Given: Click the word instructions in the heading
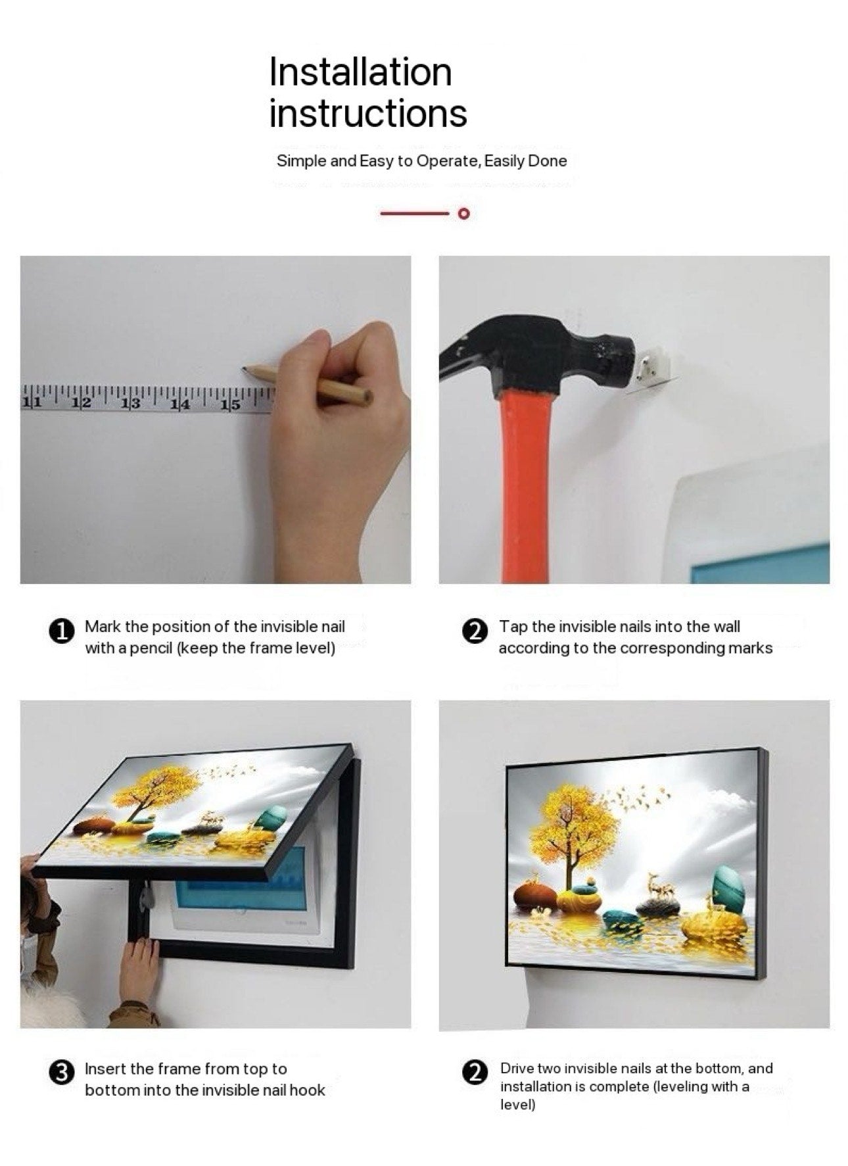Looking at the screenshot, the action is pyautogui.click(x=368, y=113).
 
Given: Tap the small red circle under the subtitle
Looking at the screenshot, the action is pyautogui.click(x=463, y=213).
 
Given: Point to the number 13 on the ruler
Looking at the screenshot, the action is pyautogui.click(x=131, y=403).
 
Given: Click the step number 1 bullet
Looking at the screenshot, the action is pyautogui.click(x=61, y=631).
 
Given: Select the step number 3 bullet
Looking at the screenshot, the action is pyautogui.click(x=61, y=1073).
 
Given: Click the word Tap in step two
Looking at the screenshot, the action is pyautogui.click(x=513, y=627).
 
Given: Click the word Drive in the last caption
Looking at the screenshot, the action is pyautogui.click(x=517, y=1068).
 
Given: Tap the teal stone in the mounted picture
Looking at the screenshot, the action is pyautogui.click(x=728, y=885).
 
